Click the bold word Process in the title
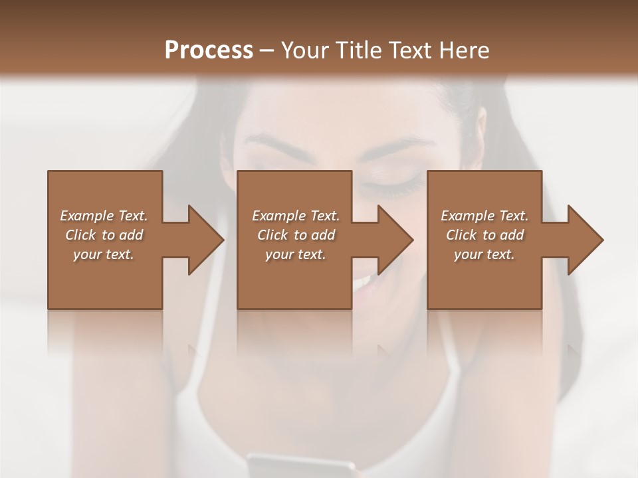pyautogui.click(x=209, y=50)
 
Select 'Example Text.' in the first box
pyautogui.click(x=104, y=216)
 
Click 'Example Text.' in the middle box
pyautogui.click(x=296, y=216)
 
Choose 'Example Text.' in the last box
pyautogui.click(x=484, y=216)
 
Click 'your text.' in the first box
pyautogui.click(x=104, y=254)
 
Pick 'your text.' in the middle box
pyautogui.click(x=296, y=254)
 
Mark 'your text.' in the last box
pyautogui.click(x=484, y=254)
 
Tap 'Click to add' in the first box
pyautogui.click(x=104, y=235)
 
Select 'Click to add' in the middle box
pyautogui.click(x=296, y=235)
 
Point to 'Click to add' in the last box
pyautogui.click(x=484, y=235)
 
